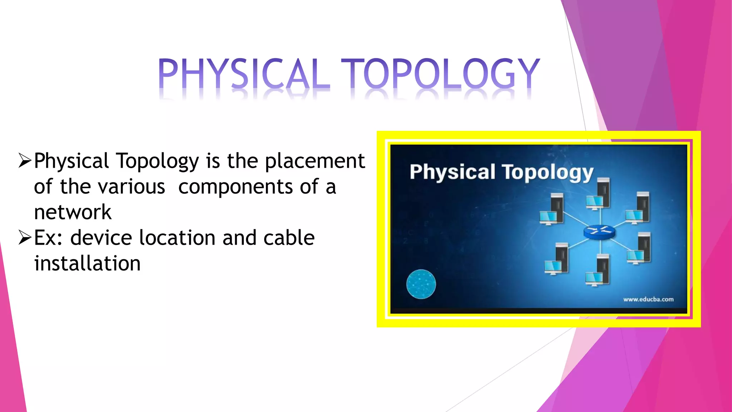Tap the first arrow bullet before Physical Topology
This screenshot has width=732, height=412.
tap(25, 161)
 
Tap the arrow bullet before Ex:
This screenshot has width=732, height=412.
tap(25, 238)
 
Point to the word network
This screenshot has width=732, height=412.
tap(73, 212)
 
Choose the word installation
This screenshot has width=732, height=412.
tap(87, 264)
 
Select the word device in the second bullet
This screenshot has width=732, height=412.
tap(101, 238)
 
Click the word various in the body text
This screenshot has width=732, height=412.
tap(132, 187)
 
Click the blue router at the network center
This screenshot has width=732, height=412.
tap(599, 232)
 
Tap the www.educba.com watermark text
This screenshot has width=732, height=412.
tap(648, 299)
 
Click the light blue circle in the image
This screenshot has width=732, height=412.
tap(421, 284)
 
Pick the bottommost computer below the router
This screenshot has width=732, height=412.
tap(598, 270)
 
